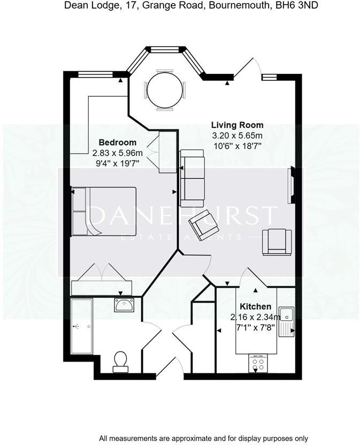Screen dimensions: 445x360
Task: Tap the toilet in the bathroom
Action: [120, 362]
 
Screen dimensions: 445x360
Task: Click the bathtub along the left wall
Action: [81, 326]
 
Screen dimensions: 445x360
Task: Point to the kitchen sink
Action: [286, 320]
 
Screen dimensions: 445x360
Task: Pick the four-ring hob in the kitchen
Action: [259, 365]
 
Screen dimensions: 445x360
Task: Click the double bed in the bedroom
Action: [104, 211]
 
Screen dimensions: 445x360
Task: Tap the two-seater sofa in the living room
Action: [192, 178]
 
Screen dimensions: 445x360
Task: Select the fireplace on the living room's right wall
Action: [291, 185]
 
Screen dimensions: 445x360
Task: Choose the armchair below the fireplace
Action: [277, 242]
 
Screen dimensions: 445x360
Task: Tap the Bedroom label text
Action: [118, 143]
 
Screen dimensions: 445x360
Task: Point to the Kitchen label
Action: [255, 306]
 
